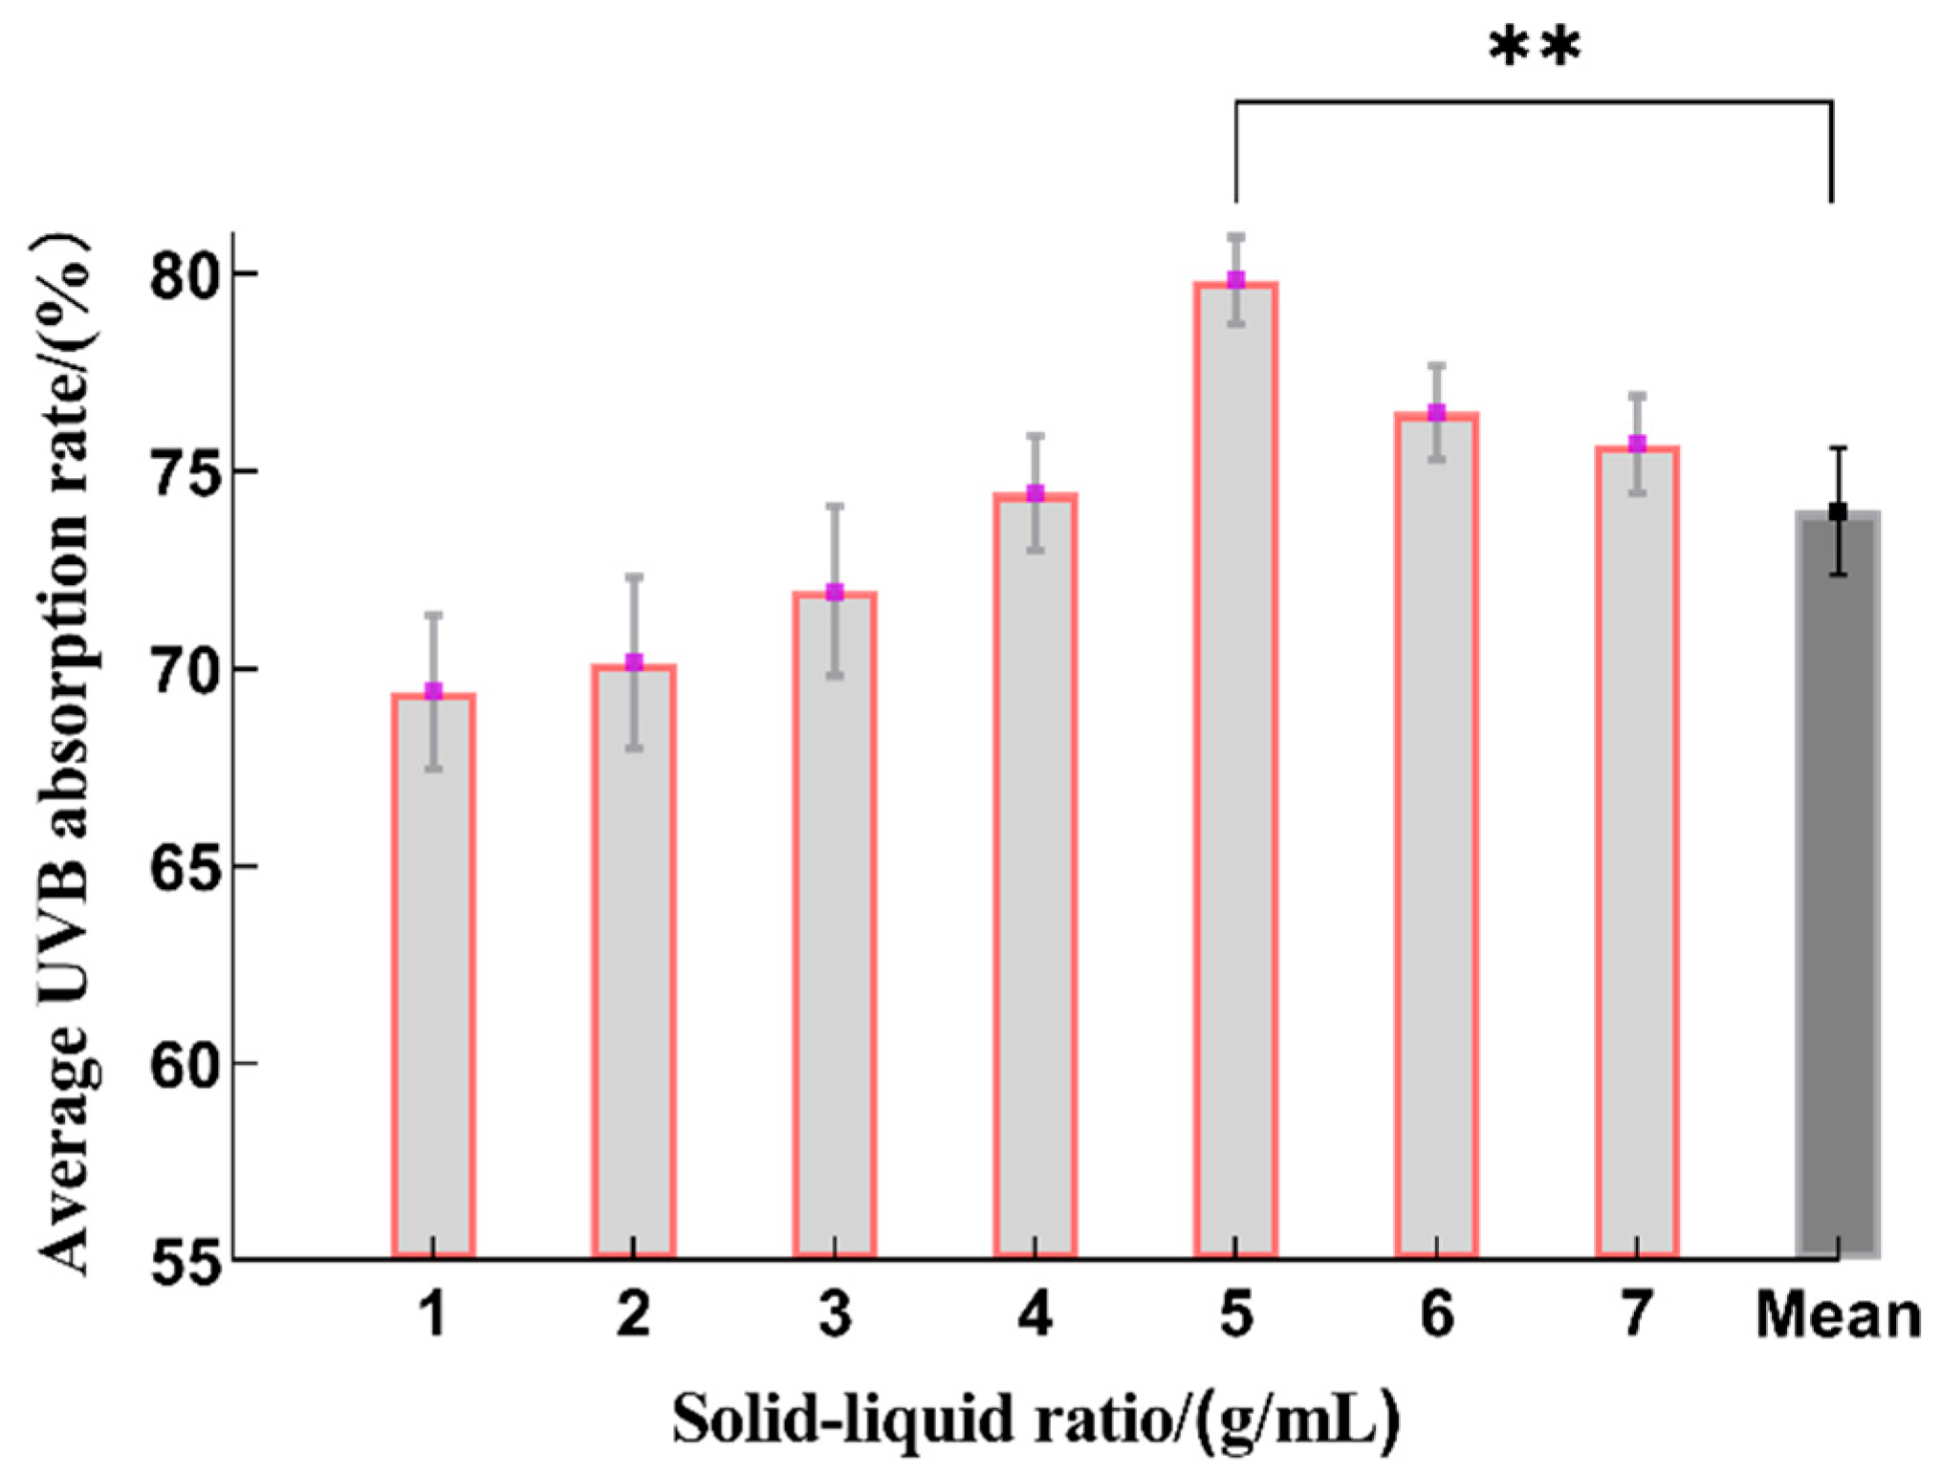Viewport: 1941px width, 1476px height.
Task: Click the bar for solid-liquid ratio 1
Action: point(433,975)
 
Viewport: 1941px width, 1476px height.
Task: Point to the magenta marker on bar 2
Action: point(634,662)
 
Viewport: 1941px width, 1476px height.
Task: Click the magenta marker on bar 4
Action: point(1036,493)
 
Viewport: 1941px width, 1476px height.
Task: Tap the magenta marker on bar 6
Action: point(1436,412)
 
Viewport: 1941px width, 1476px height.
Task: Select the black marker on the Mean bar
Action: point(1838,512)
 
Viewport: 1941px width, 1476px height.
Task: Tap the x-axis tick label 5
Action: point(1235,1315)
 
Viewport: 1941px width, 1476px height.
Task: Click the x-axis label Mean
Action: point(1838,1315)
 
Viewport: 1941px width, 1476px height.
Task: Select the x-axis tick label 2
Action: point(634,1315)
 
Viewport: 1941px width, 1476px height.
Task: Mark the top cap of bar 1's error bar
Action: point(433,615)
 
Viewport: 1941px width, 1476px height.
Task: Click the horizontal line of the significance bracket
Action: point(1535,101)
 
